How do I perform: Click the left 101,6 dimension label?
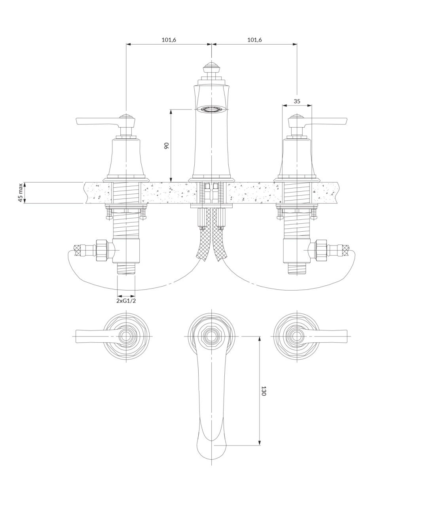[169, 40]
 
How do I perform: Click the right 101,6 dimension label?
[254, 40]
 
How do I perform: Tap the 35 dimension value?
[297, 101]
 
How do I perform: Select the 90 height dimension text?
[166, 145]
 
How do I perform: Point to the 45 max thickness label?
[20, 193]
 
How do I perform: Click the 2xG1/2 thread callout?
[126, 301]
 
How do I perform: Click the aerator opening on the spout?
[211, 109]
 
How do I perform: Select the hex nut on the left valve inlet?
[101, 250]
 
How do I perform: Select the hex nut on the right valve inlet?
[322, 250]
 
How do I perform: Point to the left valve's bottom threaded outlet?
[126, 268]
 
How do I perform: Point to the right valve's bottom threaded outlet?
[297, 268]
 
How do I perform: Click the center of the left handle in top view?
[126, 336]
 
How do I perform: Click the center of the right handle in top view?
[297, 336]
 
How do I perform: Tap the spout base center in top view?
[211, 336]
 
